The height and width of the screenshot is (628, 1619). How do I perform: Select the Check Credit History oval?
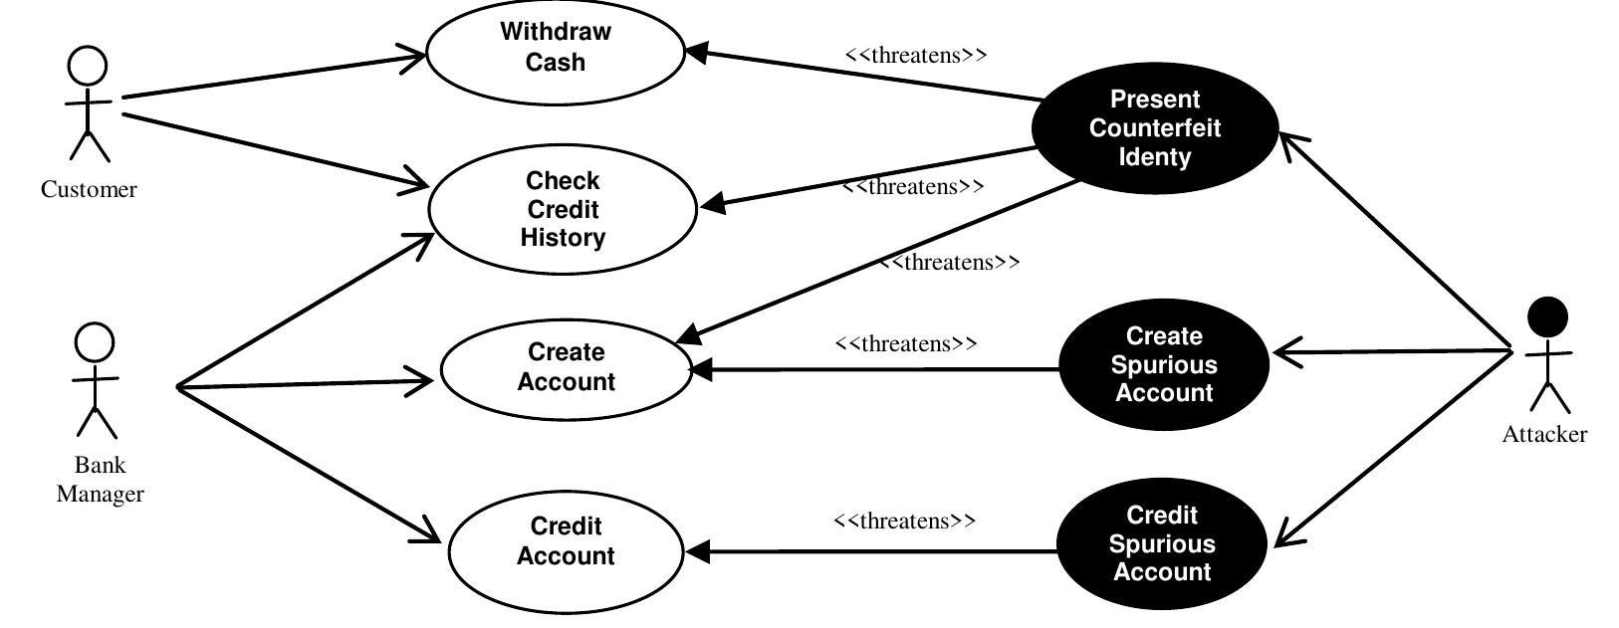click(563, 209)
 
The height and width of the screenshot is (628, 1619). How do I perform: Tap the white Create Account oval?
click(566, 367)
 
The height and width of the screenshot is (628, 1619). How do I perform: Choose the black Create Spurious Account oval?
click(1163, 364)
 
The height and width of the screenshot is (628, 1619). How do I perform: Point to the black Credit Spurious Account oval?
click(1161, 544)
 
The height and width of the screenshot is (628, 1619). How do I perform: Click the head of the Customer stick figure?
click(87, 67)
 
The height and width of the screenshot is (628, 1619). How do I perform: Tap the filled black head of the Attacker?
click(1546, 317)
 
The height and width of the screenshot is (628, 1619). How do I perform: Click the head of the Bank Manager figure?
click(95, 343)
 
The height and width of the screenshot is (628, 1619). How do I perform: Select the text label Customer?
click(89, 190)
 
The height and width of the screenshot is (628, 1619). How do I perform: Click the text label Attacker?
click(1544, 435)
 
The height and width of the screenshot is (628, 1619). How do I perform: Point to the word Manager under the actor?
click(100, 495)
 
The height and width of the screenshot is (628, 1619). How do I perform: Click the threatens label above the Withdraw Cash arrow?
click(915, 56)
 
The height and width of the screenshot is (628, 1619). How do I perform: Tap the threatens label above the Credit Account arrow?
click(904, 521)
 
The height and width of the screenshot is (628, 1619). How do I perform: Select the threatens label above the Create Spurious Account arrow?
click(906, 344)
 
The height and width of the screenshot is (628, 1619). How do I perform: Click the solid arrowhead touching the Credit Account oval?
click(698, 551)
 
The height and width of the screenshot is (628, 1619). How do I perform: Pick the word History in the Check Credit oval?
click(563, 238)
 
